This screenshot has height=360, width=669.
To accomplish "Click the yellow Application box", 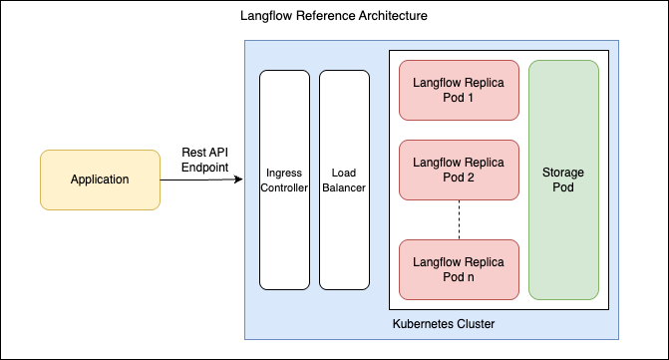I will (x=100, y=180).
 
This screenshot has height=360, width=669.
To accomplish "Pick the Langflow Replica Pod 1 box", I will (x=459, y=90).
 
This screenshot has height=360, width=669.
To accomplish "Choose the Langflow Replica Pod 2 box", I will (x=459, y=170).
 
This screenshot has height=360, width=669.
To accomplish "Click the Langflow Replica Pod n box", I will (x=459, y=269).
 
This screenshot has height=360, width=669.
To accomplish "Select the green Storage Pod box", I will (x=563, y=180).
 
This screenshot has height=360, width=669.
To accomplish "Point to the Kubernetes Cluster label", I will (x=445, y=324).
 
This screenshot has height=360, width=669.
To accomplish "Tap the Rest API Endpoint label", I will (x=204, y=160).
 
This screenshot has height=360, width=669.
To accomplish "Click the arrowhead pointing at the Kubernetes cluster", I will (x=239, y=180).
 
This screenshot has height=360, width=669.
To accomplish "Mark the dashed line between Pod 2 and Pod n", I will (x=459, y=219).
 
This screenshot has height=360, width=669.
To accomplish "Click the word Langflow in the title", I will (x=265, y=18).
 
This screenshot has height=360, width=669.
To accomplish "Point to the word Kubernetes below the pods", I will (x=424, y=324).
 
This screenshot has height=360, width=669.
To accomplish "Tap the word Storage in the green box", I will (x=563, y=172).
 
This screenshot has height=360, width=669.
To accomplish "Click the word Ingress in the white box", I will (x=283, y=173).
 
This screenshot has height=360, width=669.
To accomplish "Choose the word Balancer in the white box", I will (x=344, y=186).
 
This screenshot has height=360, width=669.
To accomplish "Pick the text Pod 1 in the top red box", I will (x=459, y=98).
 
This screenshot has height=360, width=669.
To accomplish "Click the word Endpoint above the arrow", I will (x=204, y=168).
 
